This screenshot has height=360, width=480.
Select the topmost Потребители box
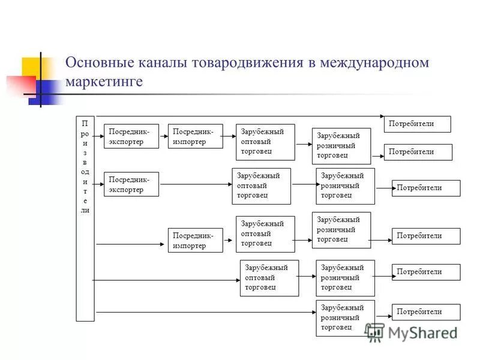pos(417,124)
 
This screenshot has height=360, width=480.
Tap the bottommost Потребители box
pos(426,312)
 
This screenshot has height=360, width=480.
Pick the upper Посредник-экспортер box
pos(131,136)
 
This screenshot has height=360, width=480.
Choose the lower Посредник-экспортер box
pos(131,184)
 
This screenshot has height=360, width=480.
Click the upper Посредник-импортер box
pos(195,136)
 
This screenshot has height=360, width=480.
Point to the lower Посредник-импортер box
pos(195,240)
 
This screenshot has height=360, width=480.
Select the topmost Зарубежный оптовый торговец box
pos(265,142)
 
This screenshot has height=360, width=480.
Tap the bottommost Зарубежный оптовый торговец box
pos(269,278)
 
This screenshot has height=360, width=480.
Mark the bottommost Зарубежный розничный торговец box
pos(345,318)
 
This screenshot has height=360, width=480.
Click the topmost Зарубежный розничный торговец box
pos(341,146)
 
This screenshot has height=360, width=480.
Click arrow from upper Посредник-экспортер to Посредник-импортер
pos(163,136)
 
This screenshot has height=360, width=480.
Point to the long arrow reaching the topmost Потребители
pos(240,116)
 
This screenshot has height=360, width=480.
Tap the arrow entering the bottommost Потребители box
pos(383,313)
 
